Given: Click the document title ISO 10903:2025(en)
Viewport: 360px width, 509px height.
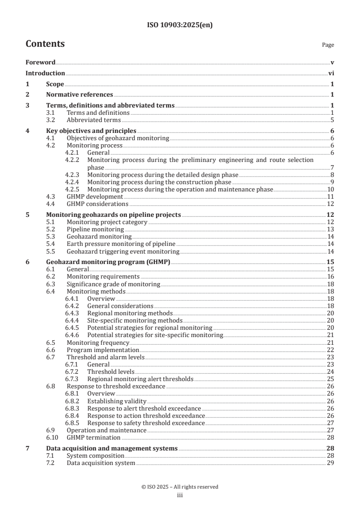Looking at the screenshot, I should click(180, 25).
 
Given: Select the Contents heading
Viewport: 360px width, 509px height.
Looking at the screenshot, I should click(45, 44).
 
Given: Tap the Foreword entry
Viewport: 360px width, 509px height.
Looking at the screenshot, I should click(40, 62).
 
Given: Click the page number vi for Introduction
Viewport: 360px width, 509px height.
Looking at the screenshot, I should click(331, 73).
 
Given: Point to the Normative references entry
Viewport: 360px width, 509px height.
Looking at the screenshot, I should click(79, 95).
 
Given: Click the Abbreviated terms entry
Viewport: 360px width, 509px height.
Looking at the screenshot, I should click(94, 120).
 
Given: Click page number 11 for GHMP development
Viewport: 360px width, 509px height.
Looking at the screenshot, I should click(331, 196).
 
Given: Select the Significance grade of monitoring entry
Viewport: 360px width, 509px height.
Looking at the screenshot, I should click(113, 284).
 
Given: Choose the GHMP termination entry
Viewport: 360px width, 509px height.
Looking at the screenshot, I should click(94, 437).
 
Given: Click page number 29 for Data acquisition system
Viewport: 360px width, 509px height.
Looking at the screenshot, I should click(331, 463).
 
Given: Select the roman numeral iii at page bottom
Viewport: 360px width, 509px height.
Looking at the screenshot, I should click(179, 495).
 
